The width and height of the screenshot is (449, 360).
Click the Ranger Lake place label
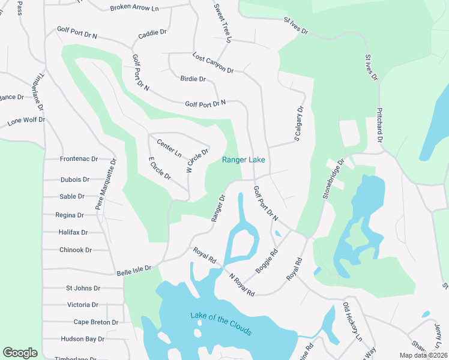pyautogui.click(x=243, y=160)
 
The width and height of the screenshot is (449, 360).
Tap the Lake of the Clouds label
pyautogui.click(x=220, y=324)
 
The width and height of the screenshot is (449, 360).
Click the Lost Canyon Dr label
pyautogui.click(x=212, y=63)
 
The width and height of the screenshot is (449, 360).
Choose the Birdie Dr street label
pyautogui.click(x=193, y=79)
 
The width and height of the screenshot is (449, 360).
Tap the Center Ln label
pyautogui.click(x=169, y=148)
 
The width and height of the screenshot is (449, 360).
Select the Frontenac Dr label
pyautogui.click(x=79, y=159)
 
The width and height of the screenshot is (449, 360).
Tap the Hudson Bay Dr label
pyautogui.click(x=83, y=339)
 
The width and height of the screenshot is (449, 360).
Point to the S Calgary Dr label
pyautogui.click(x=298, y=124)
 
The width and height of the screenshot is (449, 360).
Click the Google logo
pyautogui.click(x=20, y=353)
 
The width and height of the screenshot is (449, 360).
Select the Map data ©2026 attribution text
pyautogui.click(x=423, y=355)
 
